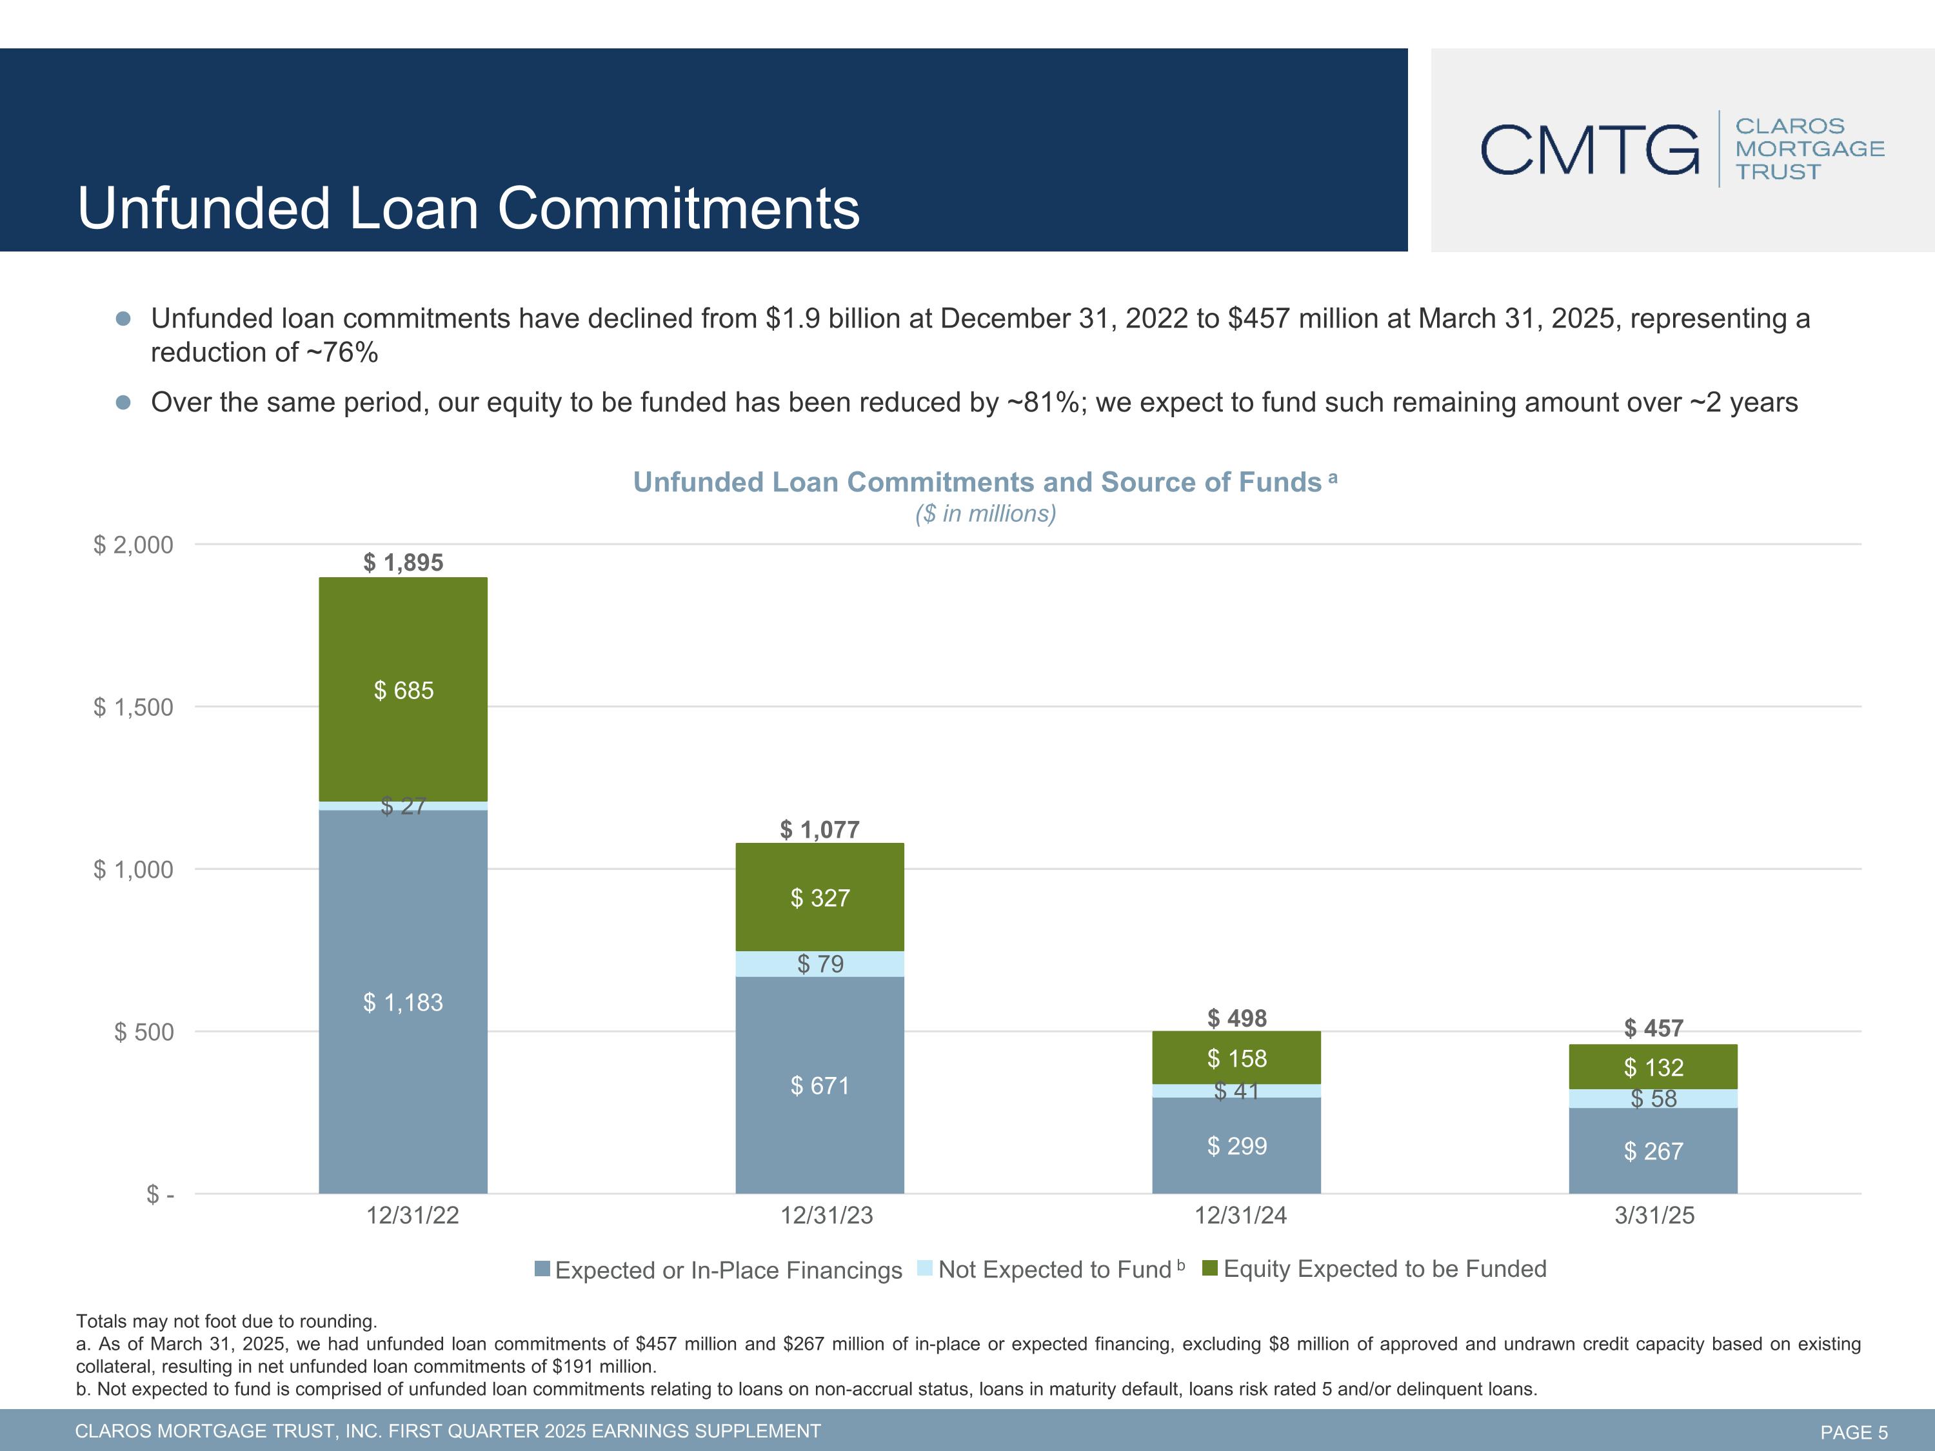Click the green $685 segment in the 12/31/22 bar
pos(403,690)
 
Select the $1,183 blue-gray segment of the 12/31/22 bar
pos(403,1002)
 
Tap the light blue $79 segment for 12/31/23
pos(820,964)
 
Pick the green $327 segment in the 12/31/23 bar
pos(820,898)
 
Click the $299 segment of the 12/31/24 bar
pos(1236,1146)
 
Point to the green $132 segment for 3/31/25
pos(1652,1067)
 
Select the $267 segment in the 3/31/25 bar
pos(1652,1151)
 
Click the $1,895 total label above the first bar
pos(403,562)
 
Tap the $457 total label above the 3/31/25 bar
pos(1652,1028)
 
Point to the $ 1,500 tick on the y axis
pos(134,707)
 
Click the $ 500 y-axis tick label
pos(144,1032)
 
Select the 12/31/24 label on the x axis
pos(1240,1216)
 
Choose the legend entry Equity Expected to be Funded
pos(1384,1269)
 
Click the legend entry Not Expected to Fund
pos(1054,1269)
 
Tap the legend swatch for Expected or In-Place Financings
pos(542,1269)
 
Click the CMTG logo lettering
pos(1589,150)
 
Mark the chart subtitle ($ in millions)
pos(985,513)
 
